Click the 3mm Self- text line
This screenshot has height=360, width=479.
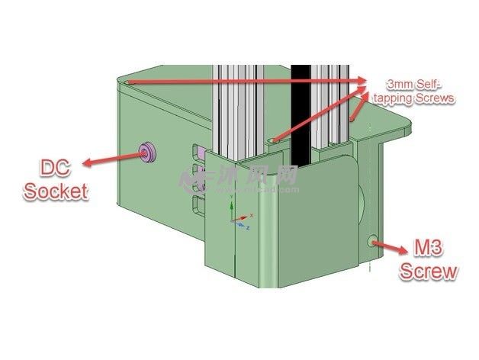click(416, 85)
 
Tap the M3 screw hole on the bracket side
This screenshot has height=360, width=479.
click(372, 241)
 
